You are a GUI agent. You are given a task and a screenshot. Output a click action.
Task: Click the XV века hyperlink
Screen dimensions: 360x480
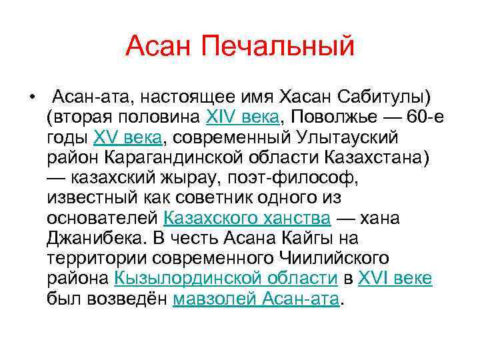tap(128, 138)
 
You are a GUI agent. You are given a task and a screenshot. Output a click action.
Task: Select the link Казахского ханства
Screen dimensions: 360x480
tap(247, 218)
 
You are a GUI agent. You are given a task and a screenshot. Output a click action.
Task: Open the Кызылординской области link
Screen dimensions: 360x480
tap(225, 278)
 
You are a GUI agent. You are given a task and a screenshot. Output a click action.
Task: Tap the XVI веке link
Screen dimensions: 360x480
tap(395, 278)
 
